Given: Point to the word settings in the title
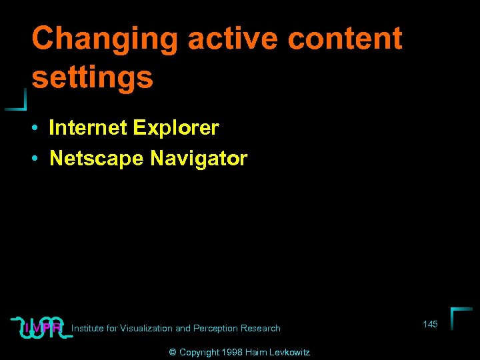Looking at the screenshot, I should (93, 78).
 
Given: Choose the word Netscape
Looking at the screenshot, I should (97, 159).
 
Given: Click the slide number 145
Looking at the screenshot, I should (430, 324).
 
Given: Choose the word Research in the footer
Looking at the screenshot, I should (261, 328).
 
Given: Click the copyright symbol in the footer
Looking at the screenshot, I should (173, 352).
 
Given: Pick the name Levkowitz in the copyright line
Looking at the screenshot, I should (290, 352).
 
